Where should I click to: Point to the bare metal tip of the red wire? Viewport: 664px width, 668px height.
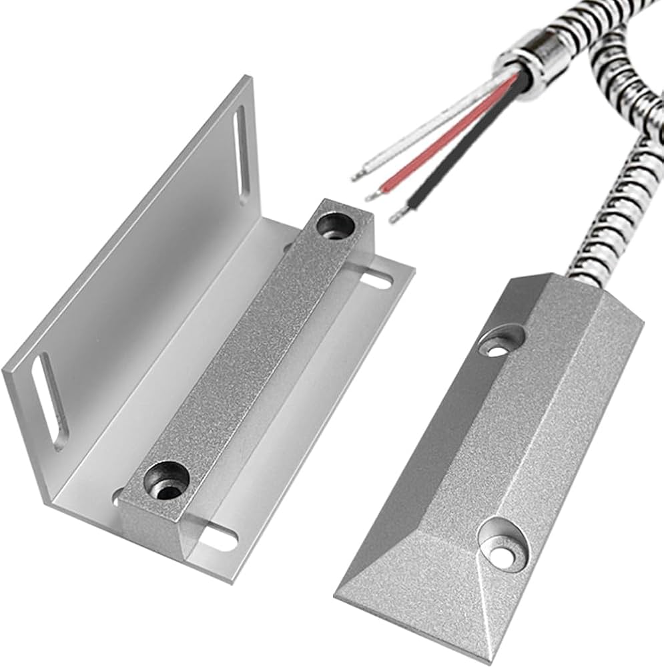(372, 194)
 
